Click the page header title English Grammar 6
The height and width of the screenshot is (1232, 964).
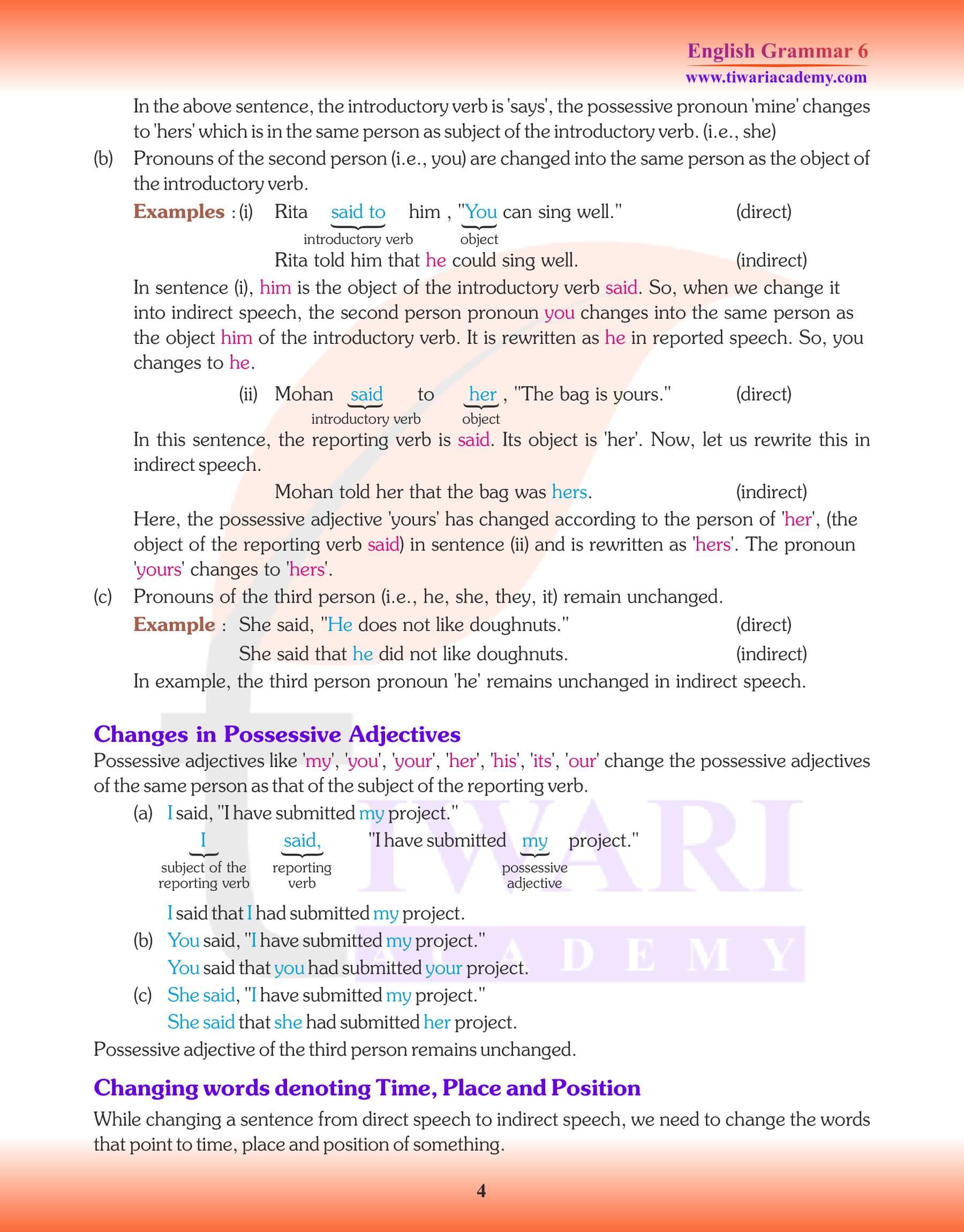click(777, 51)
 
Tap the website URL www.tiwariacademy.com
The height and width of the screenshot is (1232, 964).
click(776, 77)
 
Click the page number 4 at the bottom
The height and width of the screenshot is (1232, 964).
click(481, 1191)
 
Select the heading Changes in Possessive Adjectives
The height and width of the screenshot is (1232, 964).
click(276, 734)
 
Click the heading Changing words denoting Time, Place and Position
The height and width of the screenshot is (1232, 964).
click(367, 1087)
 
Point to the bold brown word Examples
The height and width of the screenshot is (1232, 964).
click(179, 212)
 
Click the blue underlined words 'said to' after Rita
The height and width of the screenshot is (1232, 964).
click(358, 212)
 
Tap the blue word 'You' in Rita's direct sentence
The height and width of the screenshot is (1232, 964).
click(481, 212)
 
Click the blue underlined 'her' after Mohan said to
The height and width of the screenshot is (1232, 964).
click(483, 394)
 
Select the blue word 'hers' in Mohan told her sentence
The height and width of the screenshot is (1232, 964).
click(569, 492)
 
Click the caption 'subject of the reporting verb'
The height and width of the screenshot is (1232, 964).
click(203, 875)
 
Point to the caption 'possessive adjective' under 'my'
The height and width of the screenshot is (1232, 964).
click(534, 875)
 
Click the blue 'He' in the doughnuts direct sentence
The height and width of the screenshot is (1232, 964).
click(340, 625)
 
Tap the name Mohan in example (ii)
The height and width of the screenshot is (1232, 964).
click(304, 394)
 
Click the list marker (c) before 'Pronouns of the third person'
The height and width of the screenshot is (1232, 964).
click(103, 597)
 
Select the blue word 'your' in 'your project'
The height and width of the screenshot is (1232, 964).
click(443, 968)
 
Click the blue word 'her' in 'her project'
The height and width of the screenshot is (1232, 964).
click(436, 1022)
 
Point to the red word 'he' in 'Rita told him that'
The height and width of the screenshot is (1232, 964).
click(436, 260)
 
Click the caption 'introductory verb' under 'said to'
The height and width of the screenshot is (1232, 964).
click(358, 239)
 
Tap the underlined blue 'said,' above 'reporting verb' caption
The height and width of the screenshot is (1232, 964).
click(302, 840)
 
